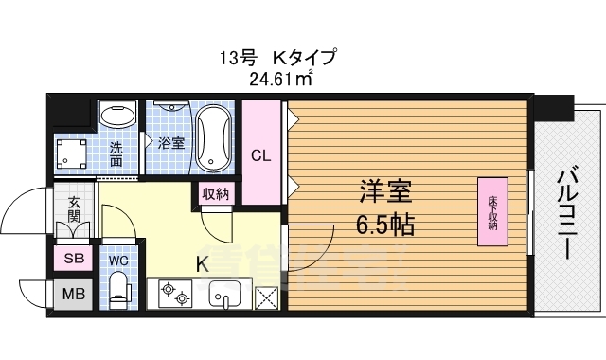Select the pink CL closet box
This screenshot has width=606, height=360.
[x=261, y=153]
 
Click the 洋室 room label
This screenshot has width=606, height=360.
[x=384, y=192]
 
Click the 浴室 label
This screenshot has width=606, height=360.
[x=171, y=143]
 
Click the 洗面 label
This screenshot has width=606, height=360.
[x=116, y=154]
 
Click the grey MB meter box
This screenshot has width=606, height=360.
[x=73, y=294]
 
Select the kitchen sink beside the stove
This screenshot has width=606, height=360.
[x=225, y=294]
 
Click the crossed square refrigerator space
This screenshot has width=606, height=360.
[x=268, y=296]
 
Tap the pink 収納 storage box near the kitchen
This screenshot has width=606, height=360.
[x=215, y=194]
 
